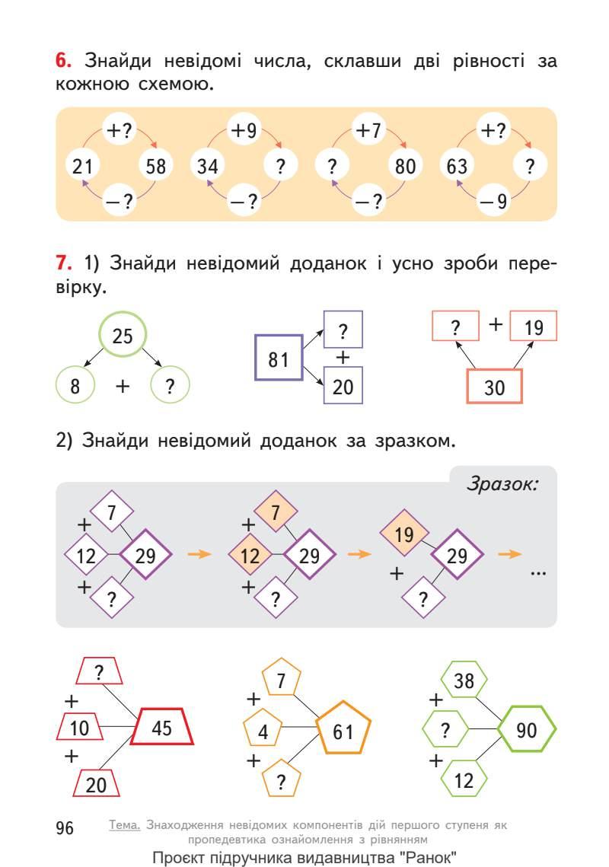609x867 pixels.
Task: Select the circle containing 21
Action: [x=81, y=166]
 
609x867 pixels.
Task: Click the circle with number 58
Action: [x=155, y=166]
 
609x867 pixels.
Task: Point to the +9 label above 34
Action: [x=244, y=131]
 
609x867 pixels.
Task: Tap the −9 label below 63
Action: [x=492, y=202]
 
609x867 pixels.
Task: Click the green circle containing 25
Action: [x=123, y=336]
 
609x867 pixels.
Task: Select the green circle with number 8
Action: [x=75, y=387]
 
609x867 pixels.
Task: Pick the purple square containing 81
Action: [x=278, y=358]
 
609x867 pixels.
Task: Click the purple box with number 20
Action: [x=343, y=387]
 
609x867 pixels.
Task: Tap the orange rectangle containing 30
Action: [x=494, y=387]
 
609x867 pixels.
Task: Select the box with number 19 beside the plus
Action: [x=534, y=327]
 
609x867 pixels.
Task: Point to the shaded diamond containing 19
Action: [x=404, y=534]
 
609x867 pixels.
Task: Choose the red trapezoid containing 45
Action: [x=161, y=728]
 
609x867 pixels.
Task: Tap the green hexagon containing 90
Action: [x=527, y=730]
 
